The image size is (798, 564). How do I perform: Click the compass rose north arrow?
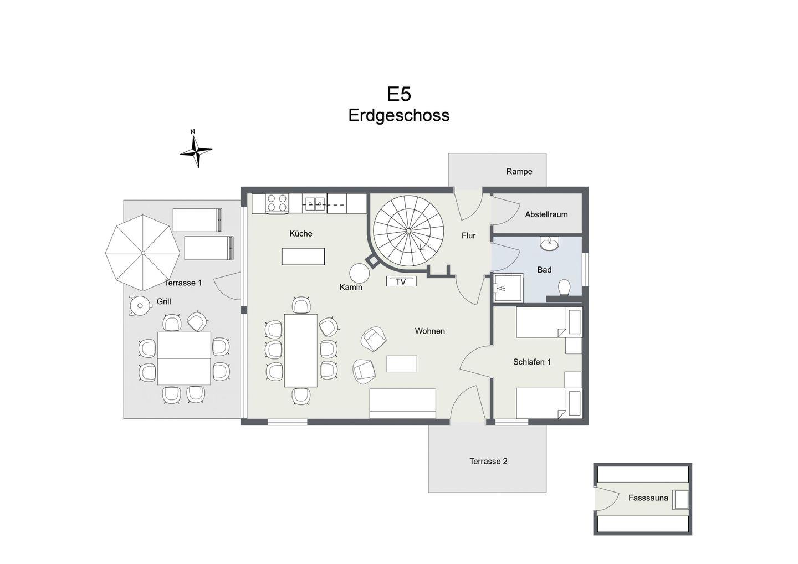tap(196, 150)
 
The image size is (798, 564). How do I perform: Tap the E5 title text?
tap(399, 94)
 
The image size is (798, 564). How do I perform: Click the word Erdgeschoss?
tap(398, 115)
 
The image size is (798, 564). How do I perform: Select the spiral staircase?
tap(408, 230)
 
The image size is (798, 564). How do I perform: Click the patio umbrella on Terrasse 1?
tap(142, 253)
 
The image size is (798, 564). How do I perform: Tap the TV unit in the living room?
tap(401, 281)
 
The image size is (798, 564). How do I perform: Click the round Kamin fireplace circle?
tap(360, 273)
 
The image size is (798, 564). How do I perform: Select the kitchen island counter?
tap(303, 257)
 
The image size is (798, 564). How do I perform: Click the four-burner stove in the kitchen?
tap(277, 203)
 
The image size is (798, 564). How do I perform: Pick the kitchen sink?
tap(315, 203)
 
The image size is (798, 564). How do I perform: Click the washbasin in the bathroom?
tap(549, 244)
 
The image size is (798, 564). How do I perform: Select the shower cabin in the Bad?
tap(508, 288)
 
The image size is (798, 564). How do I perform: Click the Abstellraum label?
tap(546, 214)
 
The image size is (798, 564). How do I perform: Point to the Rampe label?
tap(519, 172)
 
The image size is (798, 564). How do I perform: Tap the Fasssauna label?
tap(648, 498)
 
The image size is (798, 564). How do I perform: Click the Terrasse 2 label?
tap(488, 462)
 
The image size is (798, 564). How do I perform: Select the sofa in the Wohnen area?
tap(402, 404)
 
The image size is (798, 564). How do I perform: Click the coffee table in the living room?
tap(401, 363)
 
